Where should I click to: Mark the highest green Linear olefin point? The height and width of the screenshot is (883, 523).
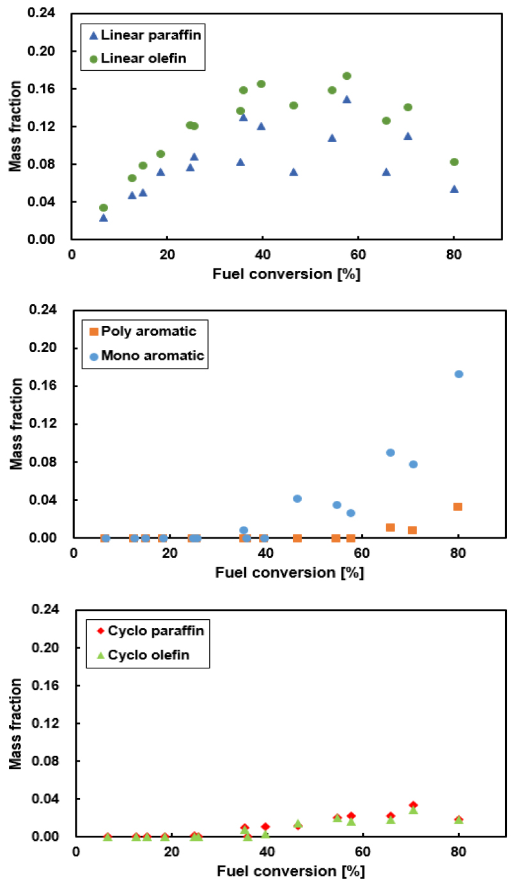347,76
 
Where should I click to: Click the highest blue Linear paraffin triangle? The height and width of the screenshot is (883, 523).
347,99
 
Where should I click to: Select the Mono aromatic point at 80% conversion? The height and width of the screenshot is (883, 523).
458,374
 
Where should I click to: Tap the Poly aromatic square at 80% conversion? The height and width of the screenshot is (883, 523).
458,507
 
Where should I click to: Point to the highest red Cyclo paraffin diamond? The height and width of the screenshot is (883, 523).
413,806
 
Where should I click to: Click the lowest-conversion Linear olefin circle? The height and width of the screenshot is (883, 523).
104,208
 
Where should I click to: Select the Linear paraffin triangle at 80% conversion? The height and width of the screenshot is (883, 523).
454,189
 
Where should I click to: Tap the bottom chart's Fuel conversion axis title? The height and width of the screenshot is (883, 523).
291,871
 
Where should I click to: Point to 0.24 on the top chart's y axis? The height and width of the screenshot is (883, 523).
51,13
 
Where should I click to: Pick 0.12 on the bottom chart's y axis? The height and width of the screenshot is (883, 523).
51,723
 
